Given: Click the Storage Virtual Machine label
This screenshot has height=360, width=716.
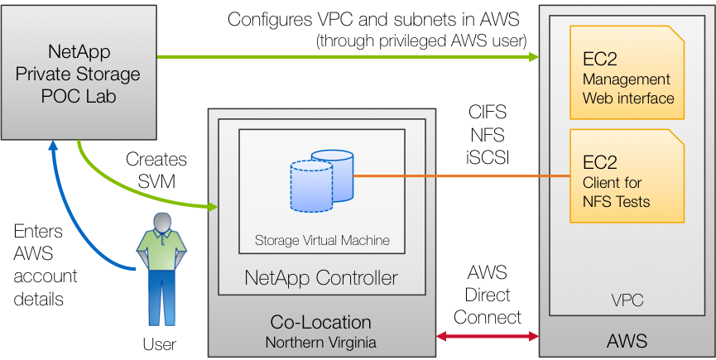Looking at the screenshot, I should [322, 241].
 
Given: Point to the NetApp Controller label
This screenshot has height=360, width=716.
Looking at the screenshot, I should [321, 277].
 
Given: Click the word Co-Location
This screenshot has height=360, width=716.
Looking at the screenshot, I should [321, 322].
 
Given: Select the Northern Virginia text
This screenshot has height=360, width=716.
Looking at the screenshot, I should [321, 342].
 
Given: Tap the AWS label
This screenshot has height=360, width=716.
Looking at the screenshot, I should [627, 341].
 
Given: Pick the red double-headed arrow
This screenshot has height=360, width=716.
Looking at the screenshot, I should [488, 336].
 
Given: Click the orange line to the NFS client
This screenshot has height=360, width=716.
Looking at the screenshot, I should [464, 176].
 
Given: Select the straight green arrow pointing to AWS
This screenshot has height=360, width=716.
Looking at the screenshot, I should [348, 57].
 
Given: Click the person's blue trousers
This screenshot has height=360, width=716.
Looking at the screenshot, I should [162, 294].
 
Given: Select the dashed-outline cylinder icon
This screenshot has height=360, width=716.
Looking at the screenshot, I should [311, 186].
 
